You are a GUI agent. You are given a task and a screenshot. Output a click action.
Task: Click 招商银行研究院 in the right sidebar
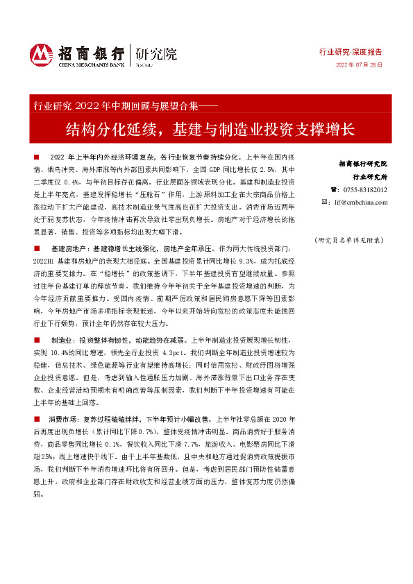coord(362,164)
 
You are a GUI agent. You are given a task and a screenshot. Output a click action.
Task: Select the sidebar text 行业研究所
coord(368,176)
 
